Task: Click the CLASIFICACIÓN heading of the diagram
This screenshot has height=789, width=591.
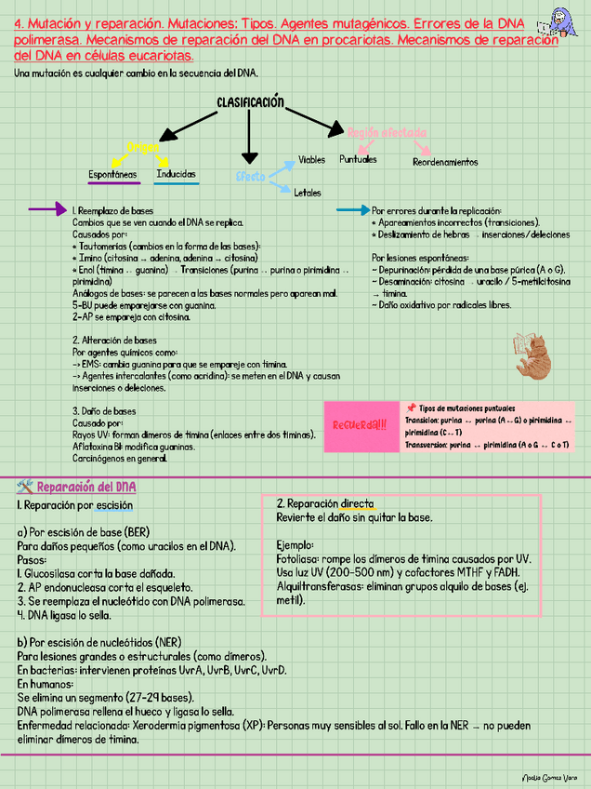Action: pyautogui.click(x=250, y=102)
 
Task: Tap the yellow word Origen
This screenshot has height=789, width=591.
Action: pyautogui.click(x=143, y=147)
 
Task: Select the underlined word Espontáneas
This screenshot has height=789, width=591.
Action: pyautogui.click(x=112, y=175)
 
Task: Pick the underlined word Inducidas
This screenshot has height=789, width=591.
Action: pyautogui.click(x=176, y=174)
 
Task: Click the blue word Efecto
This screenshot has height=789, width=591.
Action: pyautogui.click(x=250, y=176)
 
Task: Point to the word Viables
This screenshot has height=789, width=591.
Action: pyautogui.click(x=311, y=160)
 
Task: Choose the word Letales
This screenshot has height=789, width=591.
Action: pyautogui.click(x=307, y=193)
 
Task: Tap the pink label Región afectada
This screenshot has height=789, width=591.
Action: pyautogui.click(x=387, y=132)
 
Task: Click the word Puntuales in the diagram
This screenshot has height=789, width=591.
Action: pyautogui.click(x=358, y=159)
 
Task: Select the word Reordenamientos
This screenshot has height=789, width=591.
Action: pyautogui.click(x=445, y=162)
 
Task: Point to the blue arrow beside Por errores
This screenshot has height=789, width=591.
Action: pyautogui.click(x=352, y=210)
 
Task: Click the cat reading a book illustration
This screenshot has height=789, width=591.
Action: pyautogui.click(x=533, y=354)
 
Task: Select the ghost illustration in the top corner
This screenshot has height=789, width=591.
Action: pyautogui.click(x=561, y=20)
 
